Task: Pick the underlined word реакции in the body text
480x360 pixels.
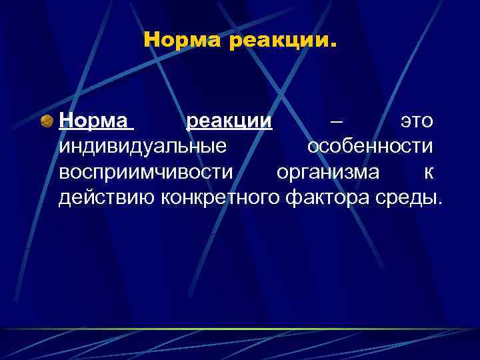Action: click(x=229, y=122)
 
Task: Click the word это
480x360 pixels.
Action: click(x=416, y=122)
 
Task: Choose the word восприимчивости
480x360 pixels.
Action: click(x=146, y=172)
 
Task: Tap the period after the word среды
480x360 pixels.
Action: click(x=440, y=203)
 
